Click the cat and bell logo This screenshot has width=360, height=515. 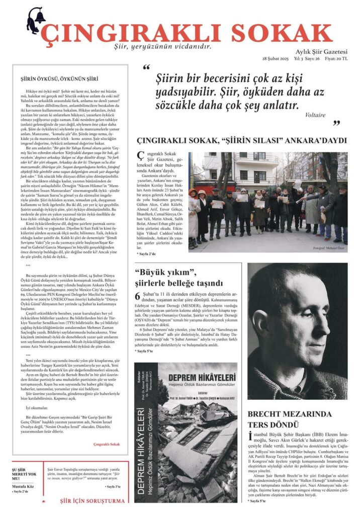pyautogui.click(x=35, y=21)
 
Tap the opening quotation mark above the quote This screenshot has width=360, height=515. pyautogui.click(x=146, y=68)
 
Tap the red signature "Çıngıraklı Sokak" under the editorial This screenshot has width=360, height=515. pyautogui.click(x=107, y=444)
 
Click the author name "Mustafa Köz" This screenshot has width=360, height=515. pyautogui.click(x=24, y=487)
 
